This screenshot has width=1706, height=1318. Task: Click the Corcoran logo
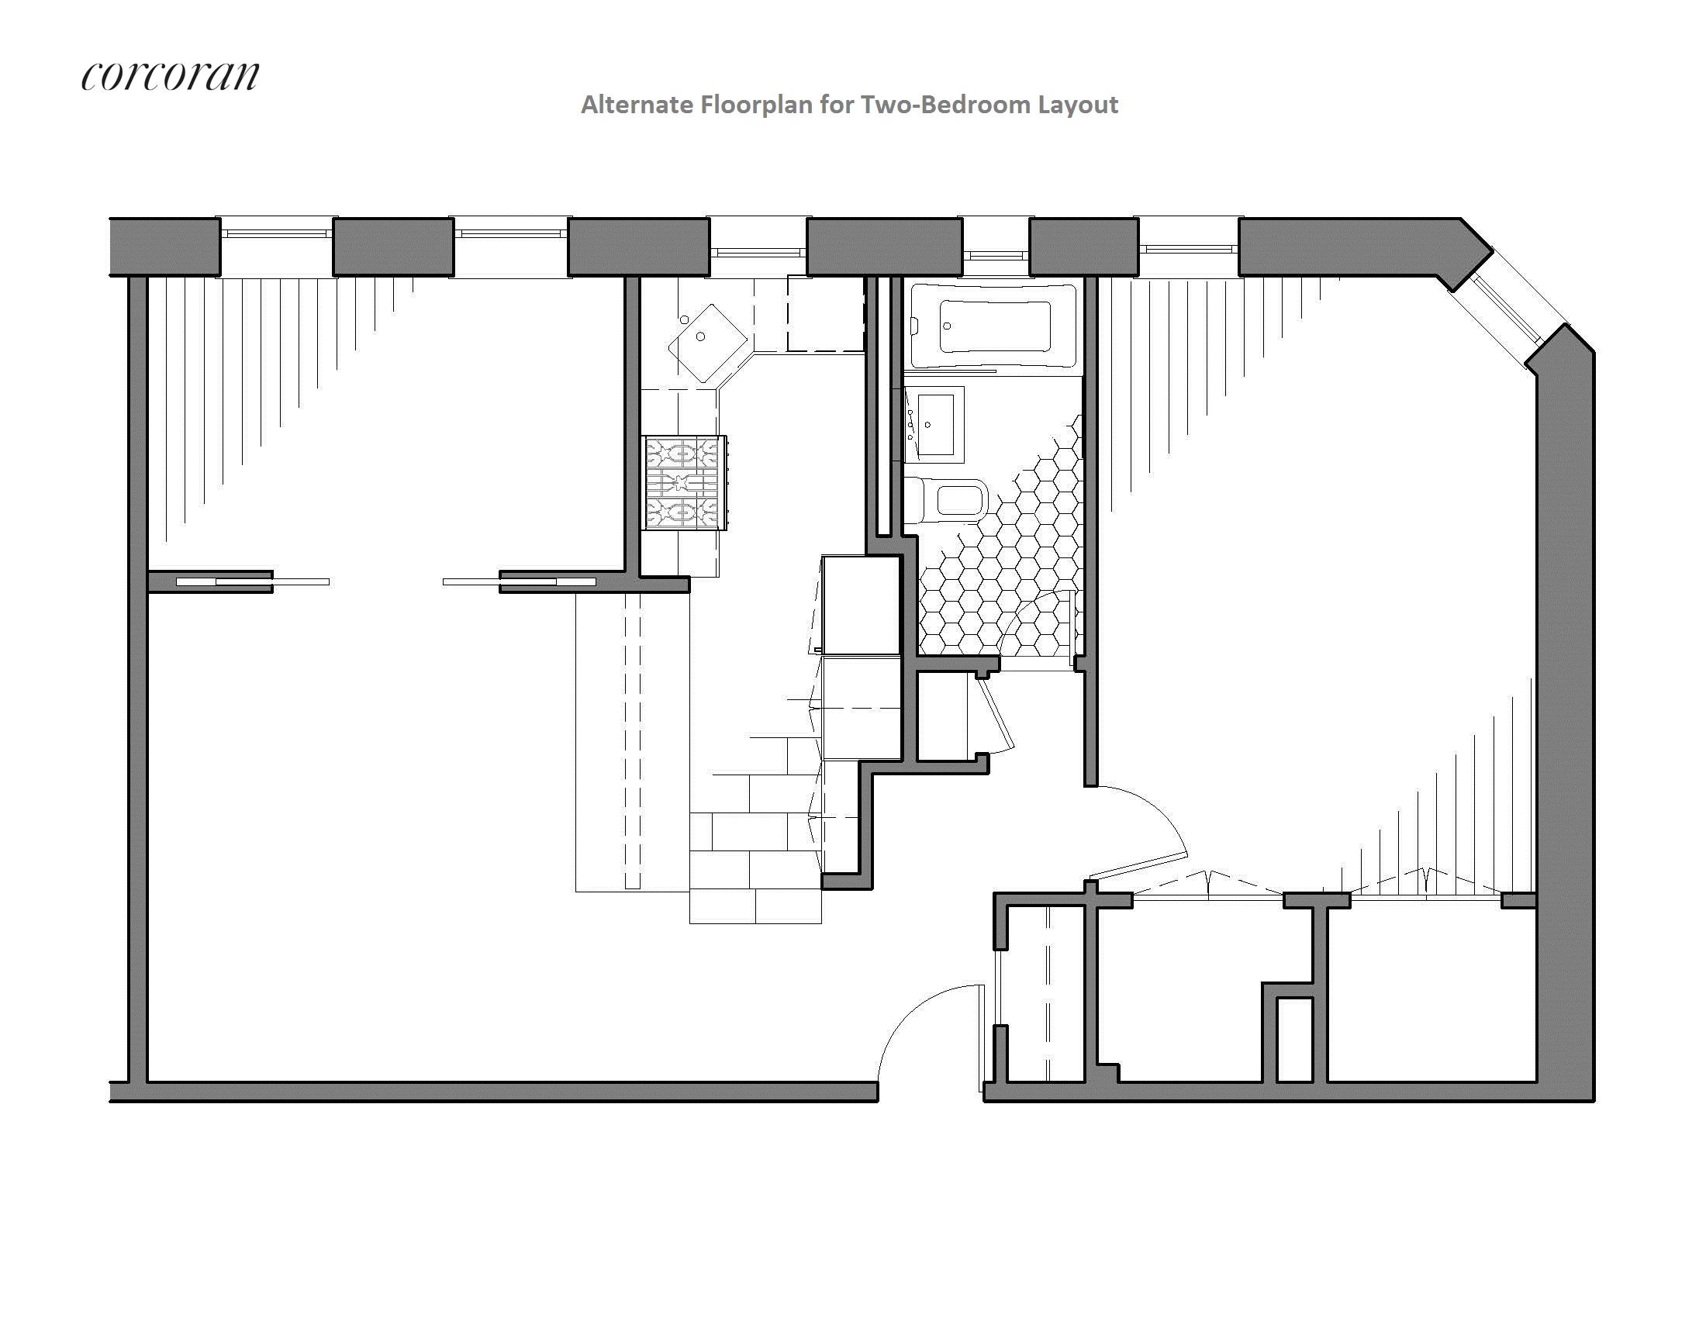[170, 76]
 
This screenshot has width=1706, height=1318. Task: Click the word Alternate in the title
[636, 105]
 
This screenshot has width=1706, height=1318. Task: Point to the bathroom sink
[935, 424]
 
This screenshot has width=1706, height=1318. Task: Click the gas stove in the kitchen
[684, 482]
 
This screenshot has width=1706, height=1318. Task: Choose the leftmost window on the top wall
[277, 233]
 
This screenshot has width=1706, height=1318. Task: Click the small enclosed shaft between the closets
[1294, 1038]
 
